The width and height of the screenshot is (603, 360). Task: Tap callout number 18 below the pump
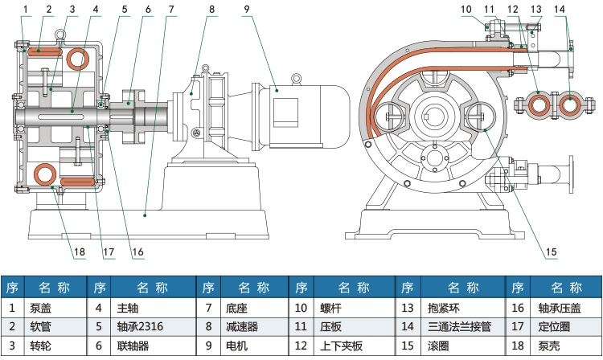click(x=79, y=252)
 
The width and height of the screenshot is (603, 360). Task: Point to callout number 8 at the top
click(x=211, y=9)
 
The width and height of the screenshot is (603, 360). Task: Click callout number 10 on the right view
click(x=466, y=9)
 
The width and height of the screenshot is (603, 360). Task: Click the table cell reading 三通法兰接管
click(x=454, y=327)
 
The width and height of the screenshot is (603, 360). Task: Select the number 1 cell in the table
click(x=12, y=307)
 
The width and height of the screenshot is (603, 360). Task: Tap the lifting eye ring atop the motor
click(x=297, y=78)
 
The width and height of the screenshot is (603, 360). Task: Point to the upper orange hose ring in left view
click(x=78, y=58)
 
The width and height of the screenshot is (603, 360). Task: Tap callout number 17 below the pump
click(x=109, y=252)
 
